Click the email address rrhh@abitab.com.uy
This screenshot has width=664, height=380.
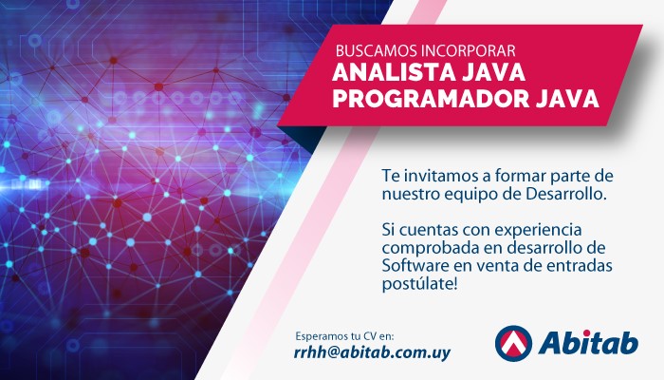[372, 352]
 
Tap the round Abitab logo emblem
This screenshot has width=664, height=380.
[513, 344]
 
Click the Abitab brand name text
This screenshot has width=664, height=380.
[589, 342]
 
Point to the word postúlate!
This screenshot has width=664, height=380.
[419, 285]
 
